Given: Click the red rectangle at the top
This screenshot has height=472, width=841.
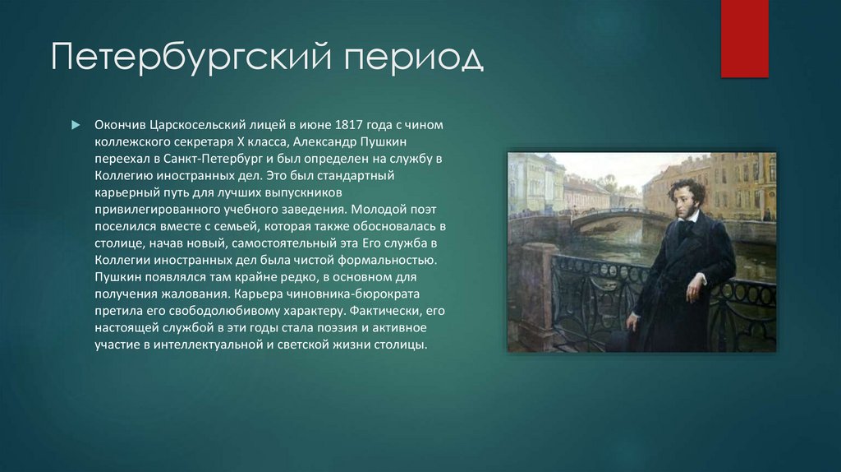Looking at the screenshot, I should [x=744, y=38].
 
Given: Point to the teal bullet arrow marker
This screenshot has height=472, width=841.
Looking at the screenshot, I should [x=75, y=124].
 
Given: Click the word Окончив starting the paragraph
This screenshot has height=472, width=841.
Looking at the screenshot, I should [x=120, y=124].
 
